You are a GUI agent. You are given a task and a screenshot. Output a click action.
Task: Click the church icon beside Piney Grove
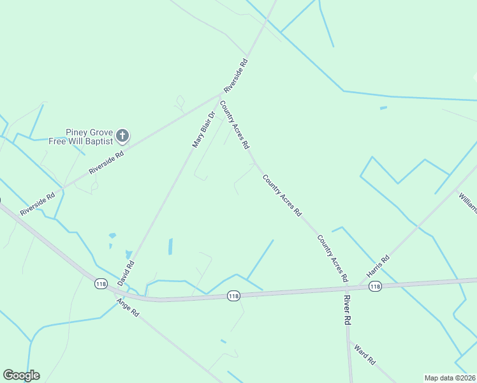122,135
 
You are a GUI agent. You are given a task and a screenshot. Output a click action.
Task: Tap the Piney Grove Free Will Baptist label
80,137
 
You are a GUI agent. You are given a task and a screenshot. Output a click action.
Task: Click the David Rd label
126,273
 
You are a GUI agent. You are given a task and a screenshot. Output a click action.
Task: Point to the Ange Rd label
128,309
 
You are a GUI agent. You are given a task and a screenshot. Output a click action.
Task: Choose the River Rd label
348,311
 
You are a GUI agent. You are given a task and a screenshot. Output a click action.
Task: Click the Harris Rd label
378,267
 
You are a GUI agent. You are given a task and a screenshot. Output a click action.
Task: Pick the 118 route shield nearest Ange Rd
101,284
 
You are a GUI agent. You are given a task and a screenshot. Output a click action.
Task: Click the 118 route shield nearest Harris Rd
375,287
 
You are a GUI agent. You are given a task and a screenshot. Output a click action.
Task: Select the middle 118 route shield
233,296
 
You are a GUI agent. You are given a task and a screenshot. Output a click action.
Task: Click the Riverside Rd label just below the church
106,158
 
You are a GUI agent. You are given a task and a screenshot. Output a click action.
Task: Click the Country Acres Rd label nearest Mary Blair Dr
234,125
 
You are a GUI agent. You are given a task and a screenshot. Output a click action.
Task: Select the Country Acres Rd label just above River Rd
333,259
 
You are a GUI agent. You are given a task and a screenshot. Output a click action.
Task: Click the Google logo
21,375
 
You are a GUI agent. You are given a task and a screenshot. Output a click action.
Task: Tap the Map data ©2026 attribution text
450,378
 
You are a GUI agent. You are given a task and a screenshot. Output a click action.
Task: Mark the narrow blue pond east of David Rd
170,246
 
